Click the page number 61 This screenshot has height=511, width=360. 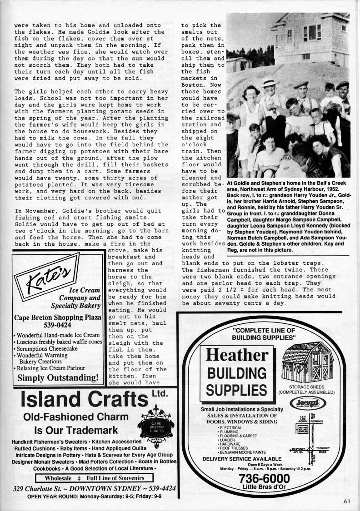click(x=347, y=501)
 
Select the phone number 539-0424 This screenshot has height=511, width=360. click(x=57, y=325)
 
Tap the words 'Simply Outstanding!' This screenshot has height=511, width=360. click(x=57, y=377)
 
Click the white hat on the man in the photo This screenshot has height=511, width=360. click(x=270, y=83)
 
